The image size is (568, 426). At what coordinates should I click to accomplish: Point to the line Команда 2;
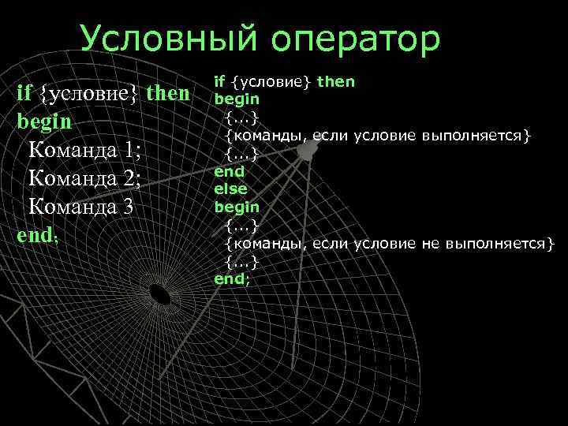point(84,179)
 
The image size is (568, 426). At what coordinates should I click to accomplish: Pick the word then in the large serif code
point(168,94)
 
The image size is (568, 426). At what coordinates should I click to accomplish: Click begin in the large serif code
point(44,123)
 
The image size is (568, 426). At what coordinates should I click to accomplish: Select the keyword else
point(231,189)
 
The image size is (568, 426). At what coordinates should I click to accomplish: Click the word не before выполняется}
point(431,243)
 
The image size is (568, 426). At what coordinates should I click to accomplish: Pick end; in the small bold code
point(232,278)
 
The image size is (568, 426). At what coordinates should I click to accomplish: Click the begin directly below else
point(237,207)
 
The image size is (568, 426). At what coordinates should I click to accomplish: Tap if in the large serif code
point(24,94)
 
